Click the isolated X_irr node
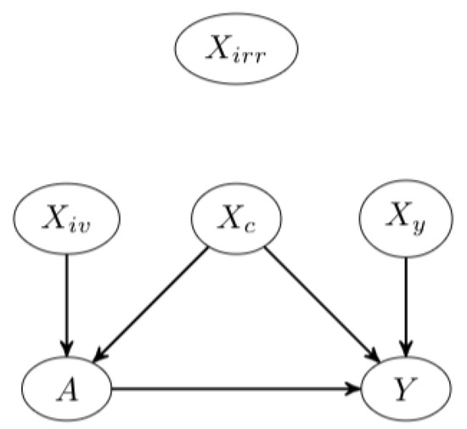[x=236, y=50]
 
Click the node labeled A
[x=66, y=391]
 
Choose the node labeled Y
[x=405, y=391]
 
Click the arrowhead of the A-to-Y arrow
[x=354, y=391]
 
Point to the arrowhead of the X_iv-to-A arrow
[x=66, y=350]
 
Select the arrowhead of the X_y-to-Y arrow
[x=405, y=350]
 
